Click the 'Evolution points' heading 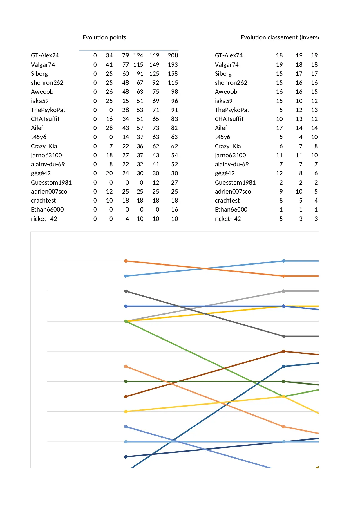point(104,37)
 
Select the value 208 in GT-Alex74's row point(173,55)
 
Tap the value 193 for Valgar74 point(173,65)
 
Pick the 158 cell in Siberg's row point(173,74)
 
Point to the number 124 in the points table point(138,55)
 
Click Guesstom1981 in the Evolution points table point(51,183)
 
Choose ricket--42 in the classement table point(228,219)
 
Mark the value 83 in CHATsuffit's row point(174,119)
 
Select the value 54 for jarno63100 point(174,155)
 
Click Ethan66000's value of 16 point(174,210)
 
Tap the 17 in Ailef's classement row point(279,128)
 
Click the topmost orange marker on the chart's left point(126,261)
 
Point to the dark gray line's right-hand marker point(283,336)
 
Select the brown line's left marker point(126,396)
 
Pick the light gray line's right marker point(283,291)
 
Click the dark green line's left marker point(126,381)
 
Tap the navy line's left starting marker point(126,457)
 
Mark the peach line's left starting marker point(126,367)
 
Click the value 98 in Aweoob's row point(174,92)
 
